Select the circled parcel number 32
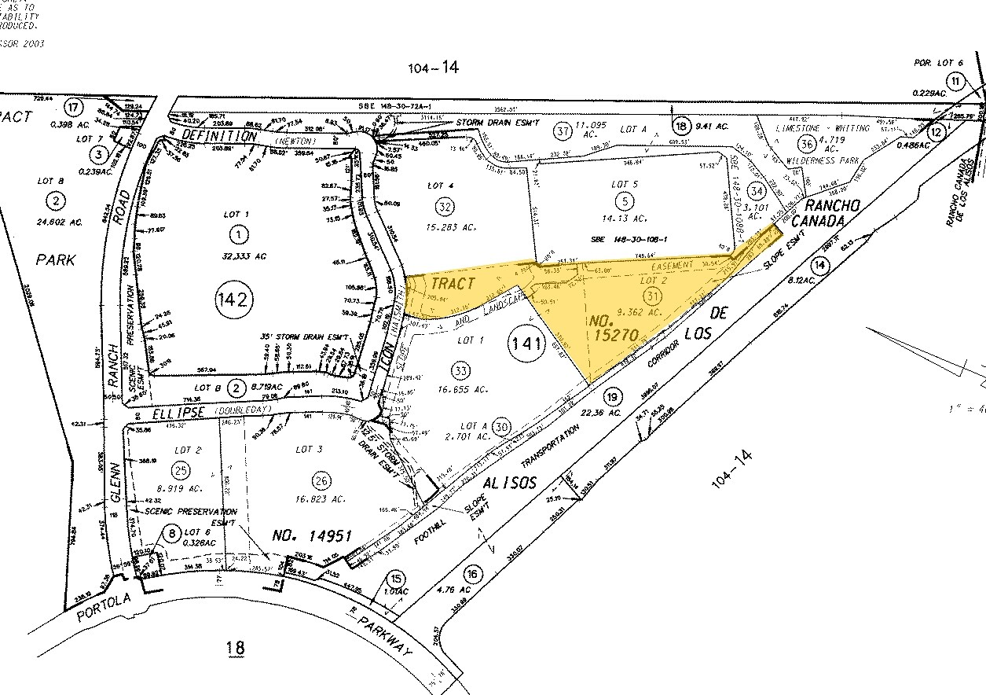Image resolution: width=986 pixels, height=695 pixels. click(x=445, y=207)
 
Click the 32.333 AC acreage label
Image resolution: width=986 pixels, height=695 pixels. click(x=236, y=256)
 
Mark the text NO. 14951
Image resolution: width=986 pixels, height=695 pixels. click(x=311, y=537)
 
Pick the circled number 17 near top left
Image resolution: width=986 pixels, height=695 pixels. click(x=75, y=107)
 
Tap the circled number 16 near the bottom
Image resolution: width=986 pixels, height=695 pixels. click(x=471, y=574)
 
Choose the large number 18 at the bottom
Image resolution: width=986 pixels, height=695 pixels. click(x=235, y=648)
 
